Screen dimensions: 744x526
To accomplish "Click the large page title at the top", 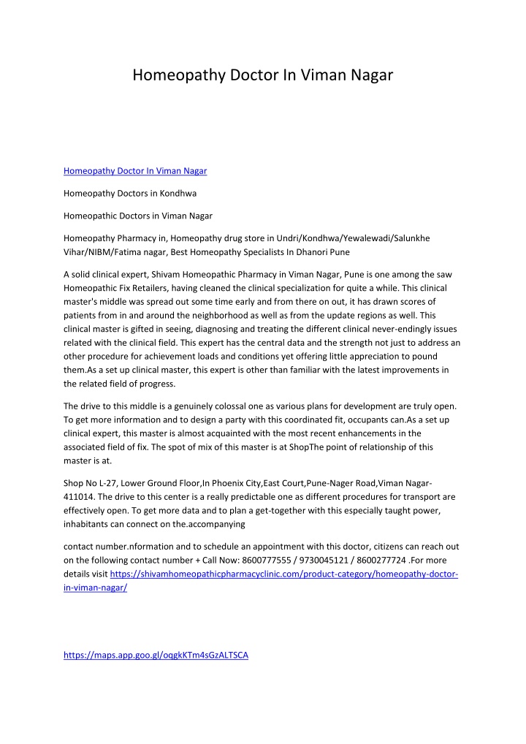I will tap(263, 75).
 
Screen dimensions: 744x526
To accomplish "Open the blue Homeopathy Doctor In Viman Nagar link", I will tap(135, 171).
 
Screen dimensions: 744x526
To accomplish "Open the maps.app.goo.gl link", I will tap(156, 655).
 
